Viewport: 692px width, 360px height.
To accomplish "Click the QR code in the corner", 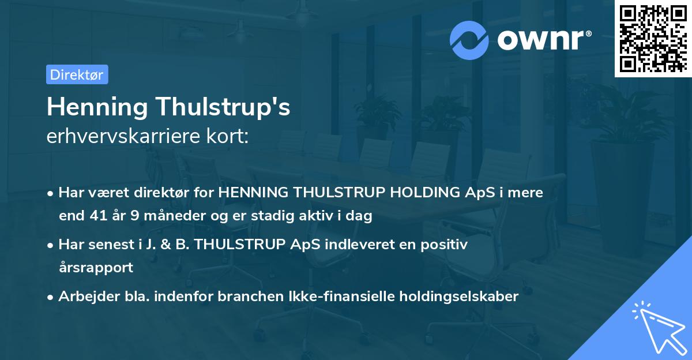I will click(652, 39).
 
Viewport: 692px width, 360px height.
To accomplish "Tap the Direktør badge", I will click(77, 74).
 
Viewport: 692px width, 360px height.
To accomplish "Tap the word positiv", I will click(443, 245).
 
